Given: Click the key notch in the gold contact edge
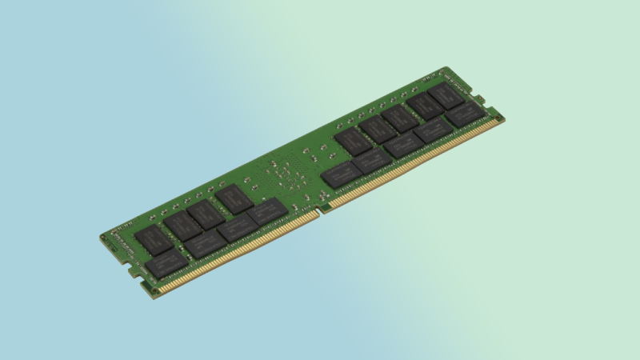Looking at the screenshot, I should [x=319, y=210].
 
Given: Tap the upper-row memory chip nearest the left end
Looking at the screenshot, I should [x=153, y=239].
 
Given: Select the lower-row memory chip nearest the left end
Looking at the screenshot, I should [x=166, y=262].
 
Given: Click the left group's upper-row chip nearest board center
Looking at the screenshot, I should [x=234, y=198].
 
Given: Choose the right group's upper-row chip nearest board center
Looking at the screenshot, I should [x=353, y=140].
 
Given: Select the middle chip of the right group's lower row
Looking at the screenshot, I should [x=403, y=144].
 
